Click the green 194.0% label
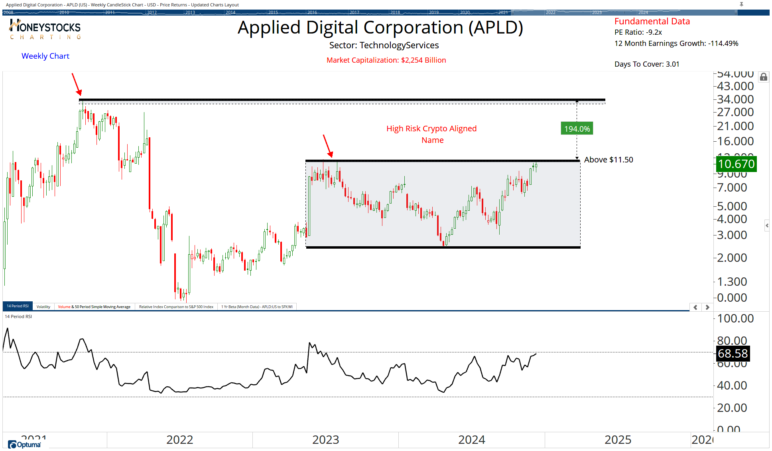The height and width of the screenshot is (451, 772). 577,129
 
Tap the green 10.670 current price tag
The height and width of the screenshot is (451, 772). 736,164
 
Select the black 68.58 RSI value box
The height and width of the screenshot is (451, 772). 733,354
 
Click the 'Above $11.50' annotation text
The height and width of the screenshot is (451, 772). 608,160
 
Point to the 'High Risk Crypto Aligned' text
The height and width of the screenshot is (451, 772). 431,129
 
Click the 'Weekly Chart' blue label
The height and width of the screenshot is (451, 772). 45,56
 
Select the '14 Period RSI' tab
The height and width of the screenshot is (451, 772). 18,306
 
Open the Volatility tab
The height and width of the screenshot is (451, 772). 43,307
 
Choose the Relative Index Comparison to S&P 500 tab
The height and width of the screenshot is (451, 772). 176,307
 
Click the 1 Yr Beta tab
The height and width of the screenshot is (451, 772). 257,307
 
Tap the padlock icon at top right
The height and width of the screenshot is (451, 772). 763,77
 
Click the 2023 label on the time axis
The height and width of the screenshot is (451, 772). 325,440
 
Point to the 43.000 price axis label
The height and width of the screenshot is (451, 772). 735,86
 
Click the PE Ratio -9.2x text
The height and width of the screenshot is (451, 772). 638,32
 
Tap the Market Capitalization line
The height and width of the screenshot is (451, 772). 386,60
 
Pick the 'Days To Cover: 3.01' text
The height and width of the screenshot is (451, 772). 647,64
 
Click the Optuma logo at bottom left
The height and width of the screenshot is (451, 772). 25,445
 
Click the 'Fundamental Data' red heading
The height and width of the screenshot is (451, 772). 652,22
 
